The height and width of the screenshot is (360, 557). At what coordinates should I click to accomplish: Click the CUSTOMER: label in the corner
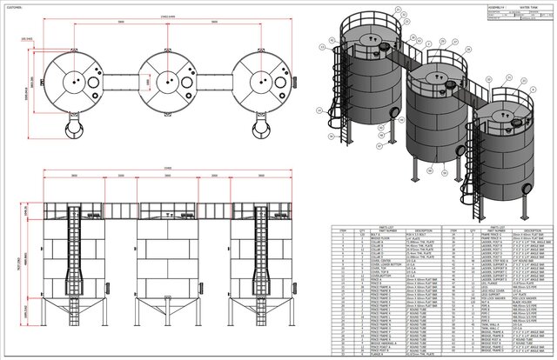coord(16,6)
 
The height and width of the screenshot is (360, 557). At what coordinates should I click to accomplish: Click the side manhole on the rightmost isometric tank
coord(527,186)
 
